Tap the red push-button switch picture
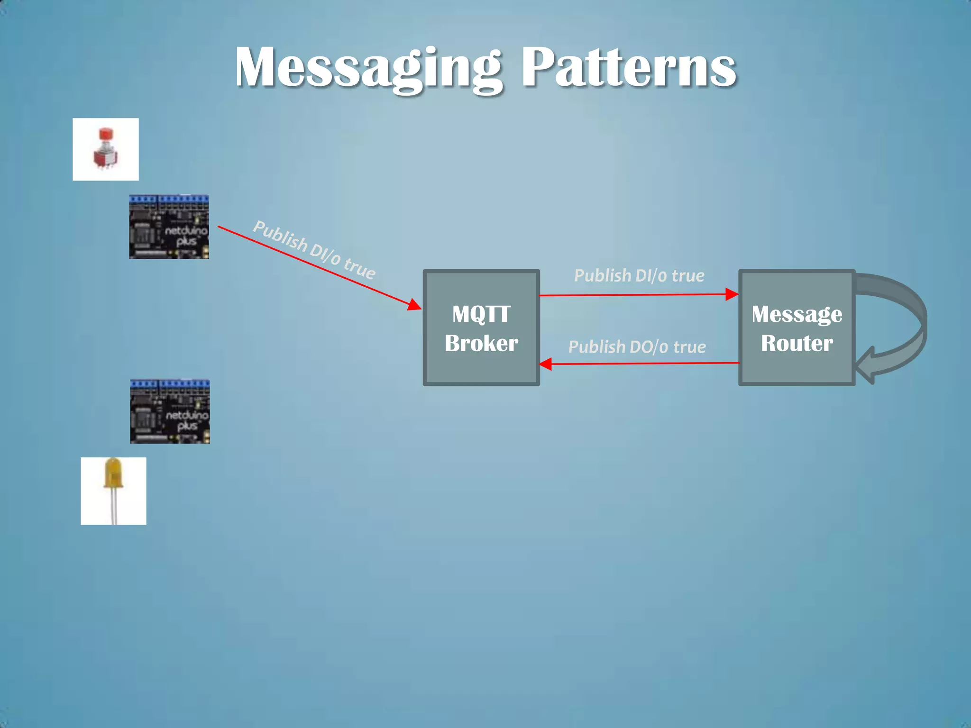(105, 149)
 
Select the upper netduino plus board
(169, 227)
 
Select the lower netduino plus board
(170, 411)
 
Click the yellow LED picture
(113, 491)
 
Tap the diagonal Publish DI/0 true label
(314, 250)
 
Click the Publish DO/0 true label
(637, 347)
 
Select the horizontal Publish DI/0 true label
(639, 275)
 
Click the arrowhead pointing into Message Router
(732, 294)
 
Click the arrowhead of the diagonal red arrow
(415, 305)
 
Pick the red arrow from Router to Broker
(640, 364)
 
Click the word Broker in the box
(481, 343)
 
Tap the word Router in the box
(797, 343)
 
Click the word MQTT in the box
(481, 314)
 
